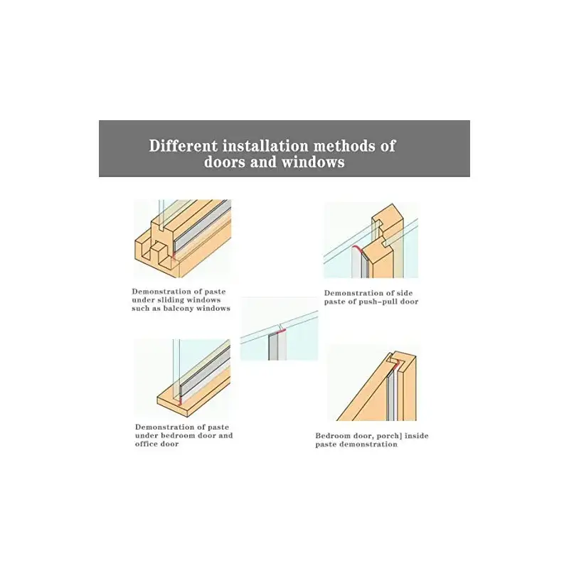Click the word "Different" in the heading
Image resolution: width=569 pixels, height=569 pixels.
(x=184, y=146)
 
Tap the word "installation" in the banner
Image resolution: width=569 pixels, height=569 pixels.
(x=265, y=146)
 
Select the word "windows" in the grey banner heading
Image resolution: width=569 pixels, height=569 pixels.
(x=313, y=162)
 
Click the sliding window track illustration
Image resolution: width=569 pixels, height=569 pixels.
(x=183, y=239)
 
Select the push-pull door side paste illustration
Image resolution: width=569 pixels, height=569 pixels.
(x=371, y=240)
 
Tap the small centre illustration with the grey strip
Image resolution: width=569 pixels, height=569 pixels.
(x=279, y=329)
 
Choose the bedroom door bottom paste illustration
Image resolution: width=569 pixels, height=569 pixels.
(x=183, y=378)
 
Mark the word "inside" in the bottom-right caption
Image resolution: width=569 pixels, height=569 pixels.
(x=417, y=435)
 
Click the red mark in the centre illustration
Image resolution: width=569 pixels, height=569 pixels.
(x=281, y=331)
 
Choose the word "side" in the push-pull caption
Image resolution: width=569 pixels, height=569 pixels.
(x=404, y=293)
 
